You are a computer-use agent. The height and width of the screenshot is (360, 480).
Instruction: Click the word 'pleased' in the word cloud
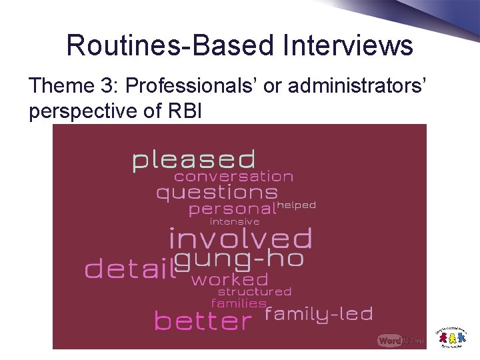click(193, 160)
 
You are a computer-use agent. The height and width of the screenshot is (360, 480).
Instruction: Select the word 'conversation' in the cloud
click(233, 177)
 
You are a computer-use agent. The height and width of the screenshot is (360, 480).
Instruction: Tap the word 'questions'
click(217, 193)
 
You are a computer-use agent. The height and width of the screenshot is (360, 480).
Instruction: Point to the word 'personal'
click(232, 209)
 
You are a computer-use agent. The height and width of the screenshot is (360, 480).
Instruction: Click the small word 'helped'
click(296, 205)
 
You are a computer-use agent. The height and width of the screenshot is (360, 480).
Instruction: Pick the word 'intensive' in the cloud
click(235, 221)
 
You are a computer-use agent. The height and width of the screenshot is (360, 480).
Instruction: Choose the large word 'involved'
click(240, 238)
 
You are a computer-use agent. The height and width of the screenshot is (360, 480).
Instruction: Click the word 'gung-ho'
click(239, 259)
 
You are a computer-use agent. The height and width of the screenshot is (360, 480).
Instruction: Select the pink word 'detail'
click(129, 269)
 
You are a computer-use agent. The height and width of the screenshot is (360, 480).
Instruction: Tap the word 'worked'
click(229, 279)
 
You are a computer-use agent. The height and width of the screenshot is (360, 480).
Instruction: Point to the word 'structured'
click(255, 291)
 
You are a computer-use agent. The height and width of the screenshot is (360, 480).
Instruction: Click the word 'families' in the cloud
click(239, 303)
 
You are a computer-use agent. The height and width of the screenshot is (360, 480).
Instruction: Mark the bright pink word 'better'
click(203, 321)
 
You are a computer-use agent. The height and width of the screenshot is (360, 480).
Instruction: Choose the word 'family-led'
click(319, 313)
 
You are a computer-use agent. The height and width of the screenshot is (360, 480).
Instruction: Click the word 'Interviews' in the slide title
click(347, 45)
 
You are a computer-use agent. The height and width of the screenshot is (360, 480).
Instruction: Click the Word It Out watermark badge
click(400, 340)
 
